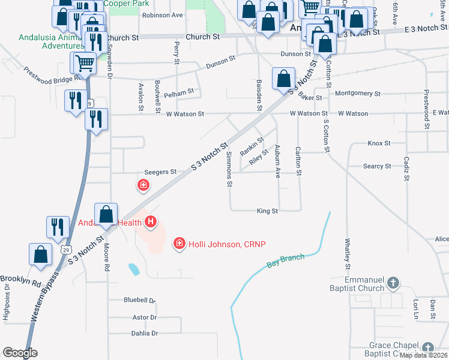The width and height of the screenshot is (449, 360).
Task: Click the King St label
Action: (267, 211)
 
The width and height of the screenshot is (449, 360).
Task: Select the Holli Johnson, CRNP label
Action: (227, 244)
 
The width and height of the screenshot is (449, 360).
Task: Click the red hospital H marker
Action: (151, 223)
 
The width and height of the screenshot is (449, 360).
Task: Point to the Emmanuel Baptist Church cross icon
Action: (393, 282)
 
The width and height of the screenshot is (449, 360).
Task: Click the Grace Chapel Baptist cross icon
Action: (427, 348)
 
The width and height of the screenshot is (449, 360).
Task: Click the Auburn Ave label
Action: (278, 161)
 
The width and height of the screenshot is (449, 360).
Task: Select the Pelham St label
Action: (179, 93)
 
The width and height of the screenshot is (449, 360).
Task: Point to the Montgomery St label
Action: (358, 94)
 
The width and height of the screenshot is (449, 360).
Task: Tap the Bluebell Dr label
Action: (139, 300)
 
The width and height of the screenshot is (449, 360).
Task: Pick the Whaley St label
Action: (347, 250)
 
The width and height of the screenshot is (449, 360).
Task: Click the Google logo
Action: (20, 353)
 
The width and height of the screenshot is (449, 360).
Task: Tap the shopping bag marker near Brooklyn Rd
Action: (41, 254)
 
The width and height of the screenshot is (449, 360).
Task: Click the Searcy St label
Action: (377, 166)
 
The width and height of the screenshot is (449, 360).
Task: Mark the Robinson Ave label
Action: (162, 16)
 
